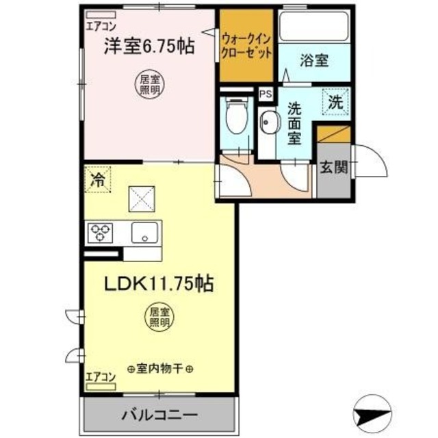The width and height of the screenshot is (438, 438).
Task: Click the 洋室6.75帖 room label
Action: [148, 46]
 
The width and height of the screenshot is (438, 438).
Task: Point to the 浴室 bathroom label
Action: [314, 60]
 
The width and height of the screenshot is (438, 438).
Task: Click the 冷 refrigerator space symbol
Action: [99, 181]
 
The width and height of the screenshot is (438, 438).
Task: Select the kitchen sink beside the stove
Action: [145, 233]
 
